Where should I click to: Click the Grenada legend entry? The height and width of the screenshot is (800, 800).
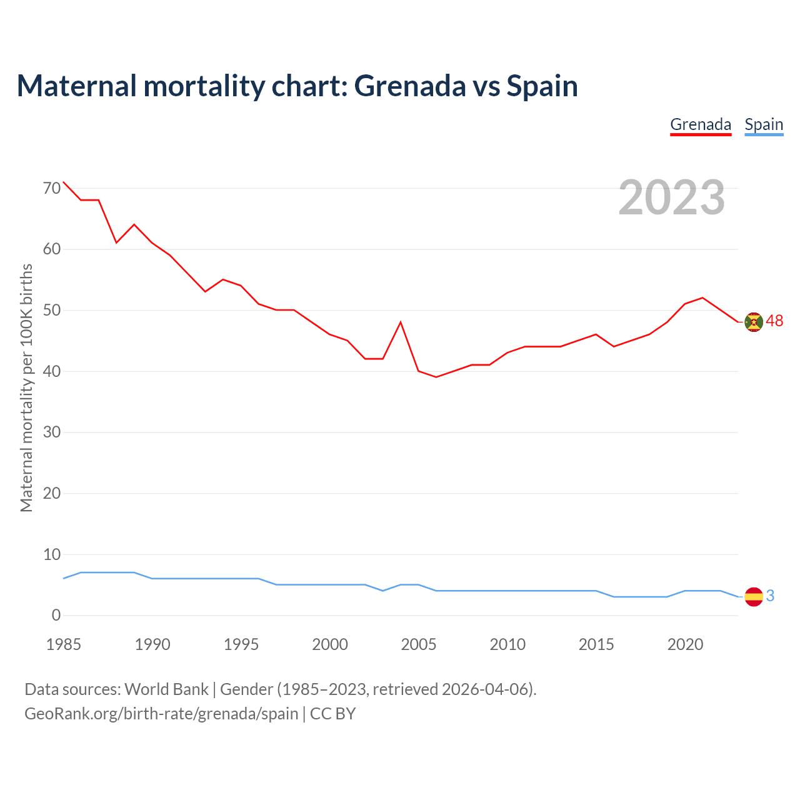701,124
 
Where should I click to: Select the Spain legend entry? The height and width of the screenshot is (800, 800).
764,124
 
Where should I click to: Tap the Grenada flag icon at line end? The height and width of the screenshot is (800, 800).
754,322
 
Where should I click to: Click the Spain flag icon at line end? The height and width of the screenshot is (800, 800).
754,597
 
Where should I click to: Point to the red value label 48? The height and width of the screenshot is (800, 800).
774,321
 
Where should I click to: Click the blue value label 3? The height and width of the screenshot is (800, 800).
770,596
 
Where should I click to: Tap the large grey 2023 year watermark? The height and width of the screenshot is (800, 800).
672,197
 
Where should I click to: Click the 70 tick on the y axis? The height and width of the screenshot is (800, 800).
52,187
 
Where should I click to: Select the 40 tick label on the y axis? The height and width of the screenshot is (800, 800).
52,371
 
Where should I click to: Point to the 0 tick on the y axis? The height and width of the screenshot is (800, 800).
56,615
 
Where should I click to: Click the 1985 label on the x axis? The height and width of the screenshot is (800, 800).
64,644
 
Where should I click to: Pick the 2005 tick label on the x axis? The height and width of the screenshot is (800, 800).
419,644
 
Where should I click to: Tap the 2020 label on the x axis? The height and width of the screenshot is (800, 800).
685,644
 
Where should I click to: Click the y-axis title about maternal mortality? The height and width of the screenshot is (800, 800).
26,387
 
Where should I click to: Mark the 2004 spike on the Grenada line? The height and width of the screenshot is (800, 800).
401,322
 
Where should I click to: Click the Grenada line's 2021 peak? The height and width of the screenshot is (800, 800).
702,298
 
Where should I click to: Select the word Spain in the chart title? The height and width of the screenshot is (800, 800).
542,86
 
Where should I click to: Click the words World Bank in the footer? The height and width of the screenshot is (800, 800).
166,689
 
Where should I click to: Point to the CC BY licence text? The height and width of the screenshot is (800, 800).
332,714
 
